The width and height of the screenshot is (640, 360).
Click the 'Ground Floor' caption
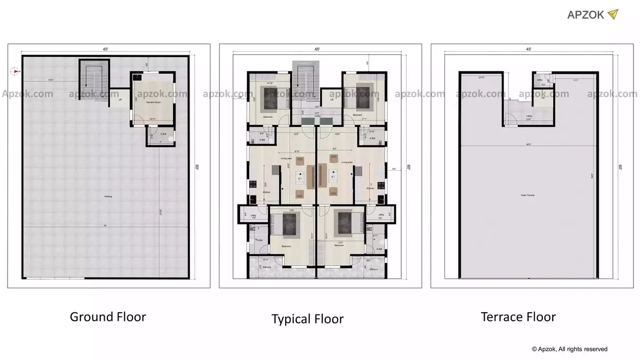pos(108,317)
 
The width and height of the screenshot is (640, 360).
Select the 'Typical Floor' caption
pos(307,319)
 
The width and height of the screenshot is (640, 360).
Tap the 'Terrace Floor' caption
pos(518,317)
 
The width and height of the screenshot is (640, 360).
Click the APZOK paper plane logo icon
pos(613,14)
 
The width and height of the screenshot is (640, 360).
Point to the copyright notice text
pos(569,349)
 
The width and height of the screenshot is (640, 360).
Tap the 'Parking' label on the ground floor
pos(108,197)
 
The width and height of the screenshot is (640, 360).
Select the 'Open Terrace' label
pos(527,195)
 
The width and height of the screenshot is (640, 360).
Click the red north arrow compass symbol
pos(15,72)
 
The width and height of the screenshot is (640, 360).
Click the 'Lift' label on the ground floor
pos(120,99)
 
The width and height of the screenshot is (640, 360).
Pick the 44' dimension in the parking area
pos(105,225)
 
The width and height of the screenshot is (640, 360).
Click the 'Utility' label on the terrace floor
pos(540,80)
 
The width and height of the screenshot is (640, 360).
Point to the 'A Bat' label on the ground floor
pos(164,134)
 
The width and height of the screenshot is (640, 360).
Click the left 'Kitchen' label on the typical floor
pos(266,192)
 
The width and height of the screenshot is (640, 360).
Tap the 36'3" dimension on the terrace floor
pos(528,144)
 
